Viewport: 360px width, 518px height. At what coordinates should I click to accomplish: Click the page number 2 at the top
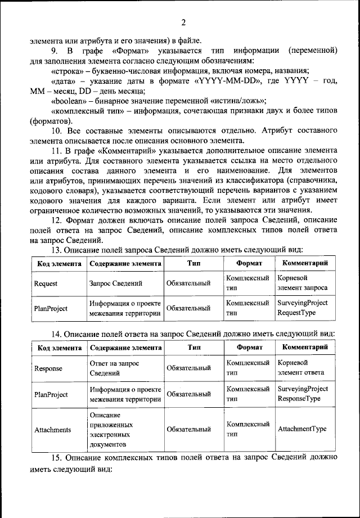click(183, 22)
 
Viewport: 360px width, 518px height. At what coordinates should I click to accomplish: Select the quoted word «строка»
click(67, 71)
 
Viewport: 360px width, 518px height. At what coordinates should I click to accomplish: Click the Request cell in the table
click(46, 283)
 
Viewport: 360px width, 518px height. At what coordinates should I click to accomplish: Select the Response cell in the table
click(48, 368)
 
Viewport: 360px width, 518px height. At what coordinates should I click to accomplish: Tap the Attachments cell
click(53, 430)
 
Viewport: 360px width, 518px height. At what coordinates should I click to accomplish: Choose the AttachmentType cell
click(302, 429)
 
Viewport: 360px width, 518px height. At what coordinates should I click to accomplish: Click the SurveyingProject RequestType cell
click(303, 308)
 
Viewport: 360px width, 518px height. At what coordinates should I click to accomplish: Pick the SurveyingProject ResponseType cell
click(303, 393)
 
